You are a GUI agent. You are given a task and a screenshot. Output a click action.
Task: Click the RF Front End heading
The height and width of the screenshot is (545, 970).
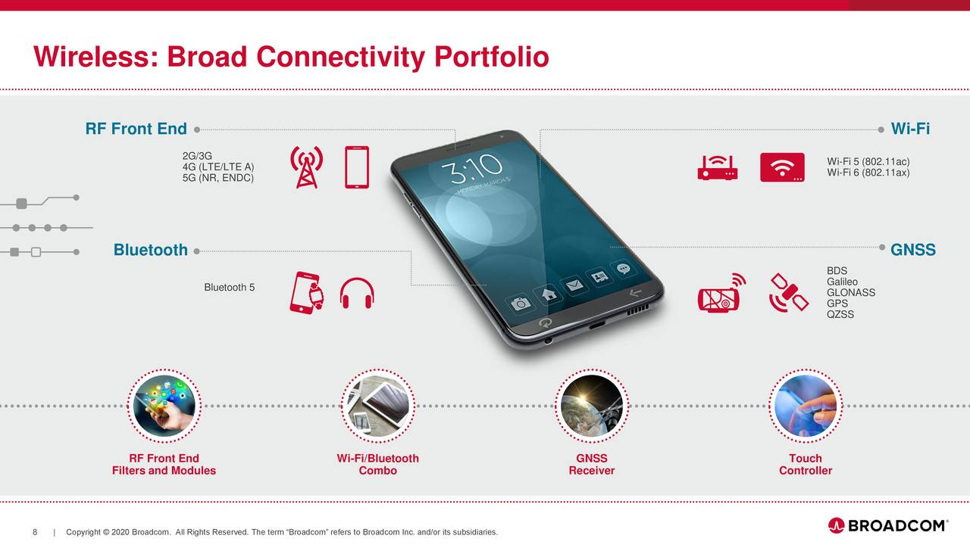click(136, 129)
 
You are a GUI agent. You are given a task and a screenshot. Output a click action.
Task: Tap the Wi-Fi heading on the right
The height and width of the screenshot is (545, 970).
click(910, 129)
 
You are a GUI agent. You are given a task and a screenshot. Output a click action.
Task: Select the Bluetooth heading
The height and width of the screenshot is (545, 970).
click(150, 250)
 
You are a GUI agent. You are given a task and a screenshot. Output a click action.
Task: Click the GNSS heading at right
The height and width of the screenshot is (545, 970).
click(912, 250)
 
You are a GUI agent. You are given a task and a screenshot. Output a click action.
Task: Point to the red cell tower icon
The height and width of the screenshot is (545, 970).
click(306, 167)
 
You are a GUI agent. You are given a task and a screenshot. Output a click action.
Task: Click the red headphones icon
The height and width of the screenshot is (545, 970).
click(357, 293)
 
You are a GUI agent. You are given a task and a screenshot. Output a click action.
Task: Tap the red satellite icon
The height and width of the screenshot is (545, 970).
click(788, 292)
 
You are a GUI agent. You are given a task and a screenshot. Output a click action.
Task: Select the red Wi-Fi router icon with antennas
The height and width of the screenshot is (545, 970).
click(717, 168)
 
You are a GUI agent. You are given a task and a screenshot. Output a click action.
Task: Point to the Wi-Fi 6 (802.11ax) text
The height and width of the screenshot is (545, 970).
click(868, 173)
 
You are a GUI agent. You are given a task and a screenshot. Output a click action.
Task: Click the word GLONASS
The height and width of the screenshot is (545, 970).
click(851, 293)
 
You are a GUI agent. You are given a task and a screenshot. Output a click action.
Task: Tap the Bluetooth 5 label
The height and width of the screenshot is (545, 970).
click(230, 288)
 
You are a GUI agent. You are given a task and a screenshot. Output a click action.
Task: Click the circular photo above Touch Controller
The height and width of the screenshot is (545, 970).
click(805, 406)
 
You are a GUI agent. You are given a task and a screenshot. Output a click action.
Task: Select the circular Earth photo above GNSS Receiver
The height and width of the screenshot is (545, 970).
click(591, 406)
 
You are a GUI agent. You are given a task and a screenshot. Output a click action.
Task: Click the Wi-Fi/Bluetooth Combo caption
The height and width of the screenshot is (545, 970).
click(377, 464)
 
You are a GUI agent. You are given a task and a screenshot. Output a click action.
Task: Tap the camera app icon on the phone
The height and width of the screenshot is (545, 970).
click(521, 303)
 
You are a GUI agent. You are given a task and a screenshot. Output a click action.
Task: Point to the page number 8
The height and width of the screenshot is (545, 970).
click(35, 532)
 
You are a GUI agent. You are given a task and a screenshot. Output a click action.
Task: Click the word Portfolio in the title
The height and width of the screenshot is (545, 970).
click(491, 57)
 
